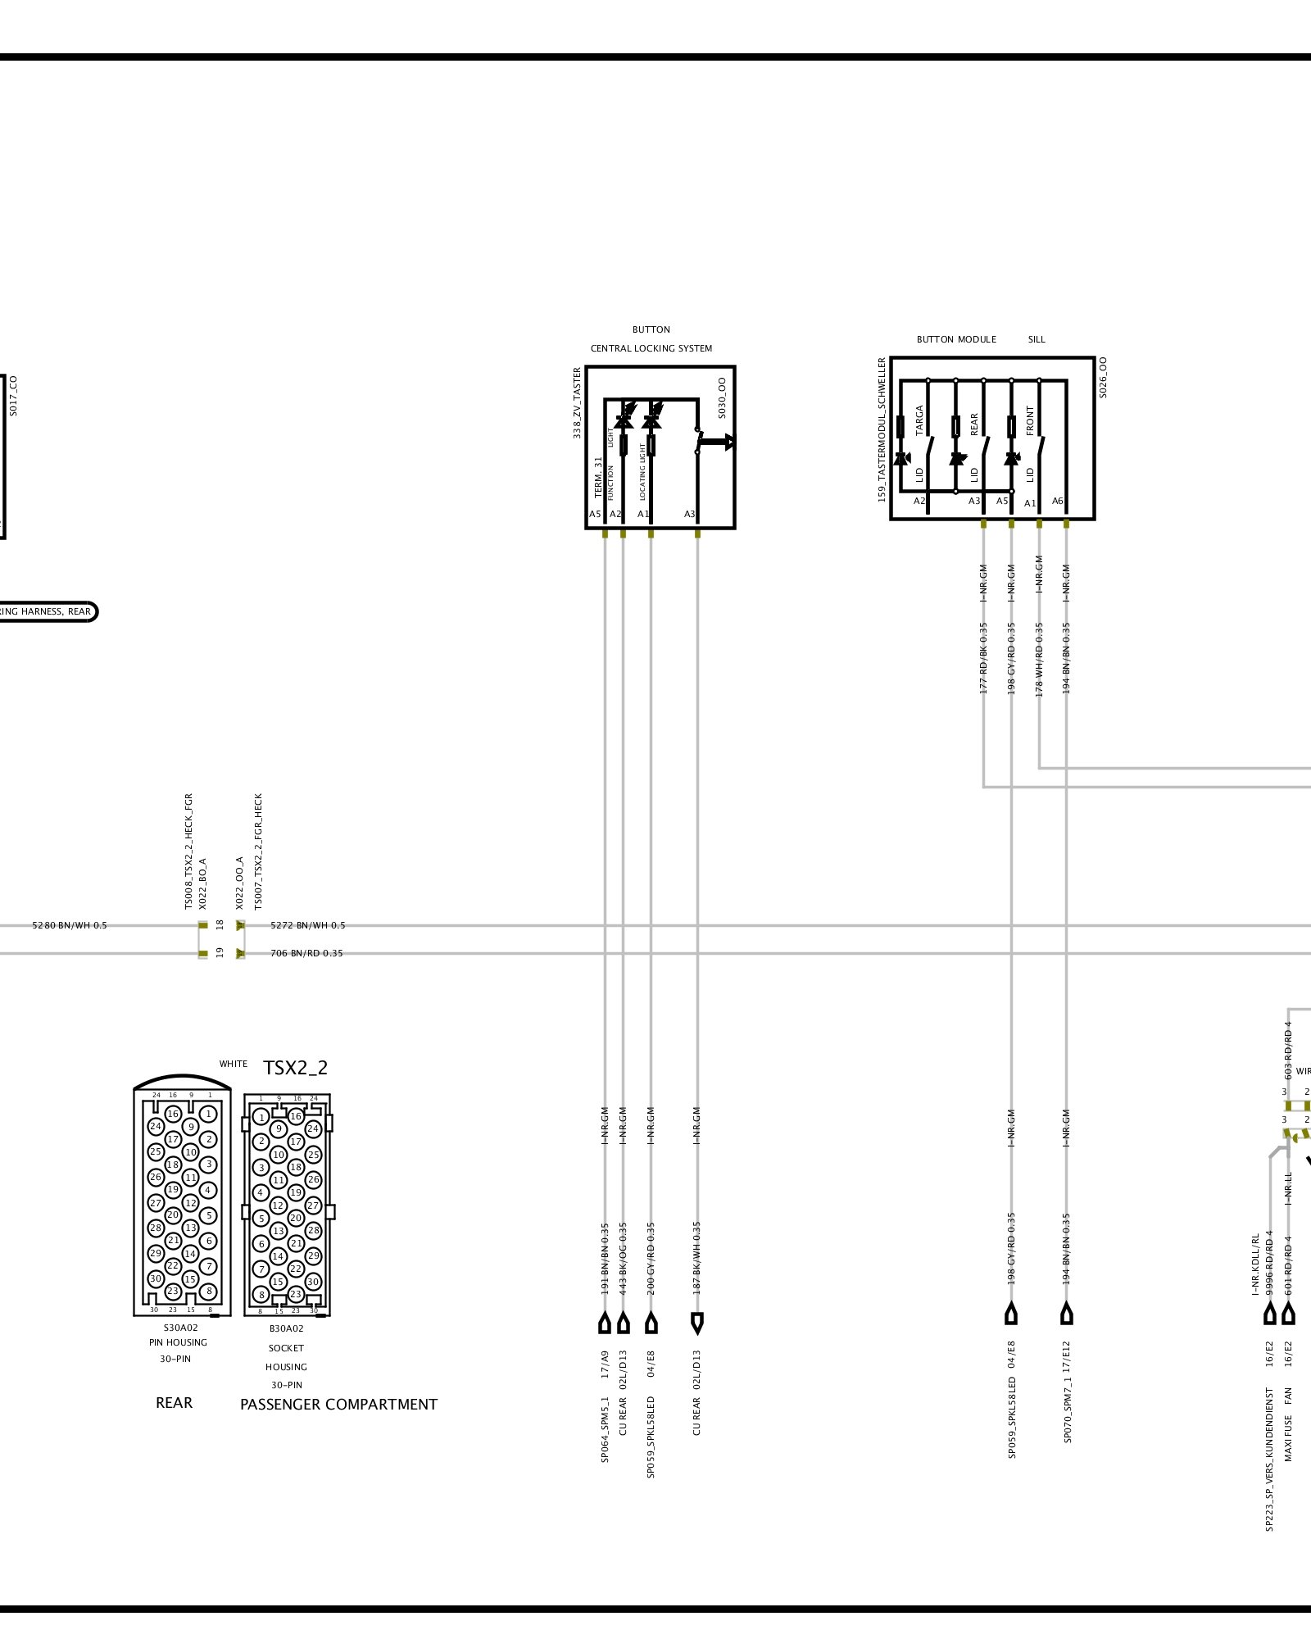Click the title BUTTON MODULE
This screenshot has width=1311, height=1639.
(956, 339)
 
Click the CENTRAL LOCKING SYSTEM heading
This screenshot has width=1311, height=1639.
(651, 348)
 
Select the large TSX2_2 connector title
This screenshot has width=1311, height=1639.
(295, 1068)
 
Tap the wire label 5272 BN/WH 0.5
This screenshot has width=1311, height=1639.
(308, 925)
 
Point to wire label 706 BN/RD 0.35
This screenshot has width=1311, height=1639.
(306, 953)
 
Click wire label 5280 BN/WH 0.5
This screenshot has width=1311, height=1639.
(70, 925)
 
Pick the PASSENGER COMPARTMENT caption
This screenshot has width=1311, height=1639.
(338, 1405)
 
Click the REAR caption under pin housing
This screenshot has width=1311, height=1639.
(174, 1403)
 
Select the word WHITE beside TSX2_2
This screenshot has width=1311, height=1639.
(233, 1064)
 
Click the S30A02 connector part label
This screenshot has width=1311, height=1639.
(180, 1328)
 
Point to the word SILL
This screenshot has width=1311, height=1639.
(1037, 339)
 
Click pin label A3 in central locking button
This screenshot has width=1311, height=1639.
(690, 515)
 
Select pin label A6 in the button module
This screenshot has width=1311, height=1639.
(1058, 502)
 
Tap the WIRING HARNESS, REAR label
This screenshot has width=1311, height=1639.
(45, 611)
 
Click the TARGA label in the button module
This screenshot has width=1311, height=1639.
(919, 420)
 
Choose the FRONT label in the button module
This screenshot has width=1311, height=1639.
(1030, 420)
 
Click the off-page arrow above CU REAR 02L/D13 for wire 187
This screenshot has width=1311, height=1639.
(697, 1322)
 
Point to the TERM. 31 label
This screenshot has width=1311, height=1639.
(598, 478)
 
